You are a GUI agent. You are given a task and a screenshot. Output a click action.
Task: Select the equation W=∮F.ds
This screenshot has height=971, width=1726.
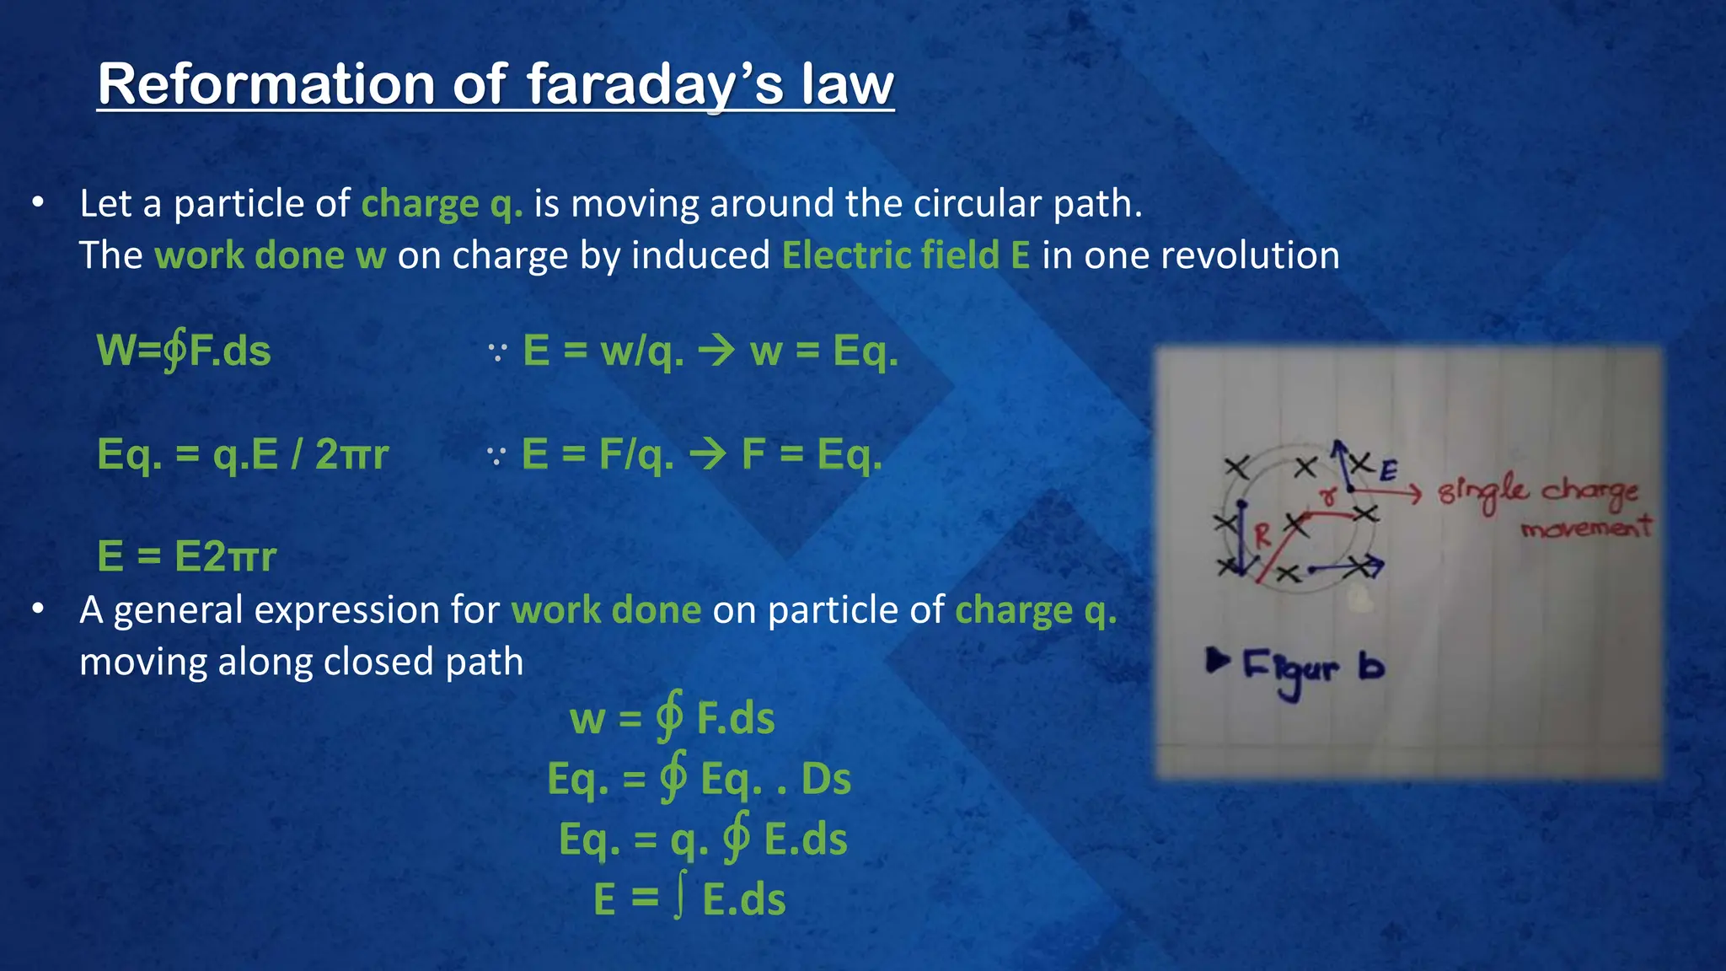point(184,351)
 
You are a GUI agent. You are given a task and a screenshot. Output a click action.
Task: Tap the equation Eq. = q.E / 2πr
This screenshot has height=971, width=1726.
point(243,454)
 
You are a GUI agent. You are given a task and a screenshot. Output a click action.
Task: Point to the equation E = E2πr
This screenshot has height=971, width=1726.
point(187,556)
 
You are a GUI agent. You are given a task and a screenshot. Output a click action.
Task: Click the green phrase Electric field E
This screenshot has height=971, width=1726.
point(906,255)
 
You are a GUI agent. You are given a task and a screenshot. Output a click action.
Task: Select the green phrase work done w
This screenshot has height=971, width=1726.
point(271,255)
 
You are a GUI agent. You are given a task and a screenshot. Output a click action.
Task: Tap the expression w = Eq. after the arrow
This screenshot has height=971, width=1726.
point(823,351)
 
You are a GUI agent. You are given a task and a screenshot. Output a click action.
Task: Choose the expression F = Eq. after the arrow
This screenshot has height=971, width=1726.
point(811,454)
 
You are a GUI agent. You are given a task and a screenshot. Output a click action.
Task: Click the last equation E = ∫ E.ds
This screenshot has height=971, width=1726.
point(689,899)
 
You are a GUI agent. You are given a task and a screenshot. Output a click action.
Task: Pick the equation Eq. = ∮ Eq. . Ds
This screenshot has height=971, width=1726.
point(699,778)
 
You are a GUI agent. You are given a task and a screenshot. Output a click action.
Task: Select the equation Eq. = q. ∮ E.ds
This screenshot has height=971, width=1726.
point(703,839)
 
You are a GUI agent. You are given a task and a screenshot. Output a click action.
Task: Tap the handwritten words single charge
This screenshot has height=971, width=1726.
point(1539,492)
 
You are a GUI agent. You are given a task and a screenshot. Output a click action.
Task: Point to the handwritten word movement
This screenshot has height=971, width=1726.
point(1585,528)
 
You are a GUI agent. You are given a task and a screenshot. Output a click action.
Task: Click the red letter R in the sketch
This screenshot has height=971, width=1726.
point(1262,536)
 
